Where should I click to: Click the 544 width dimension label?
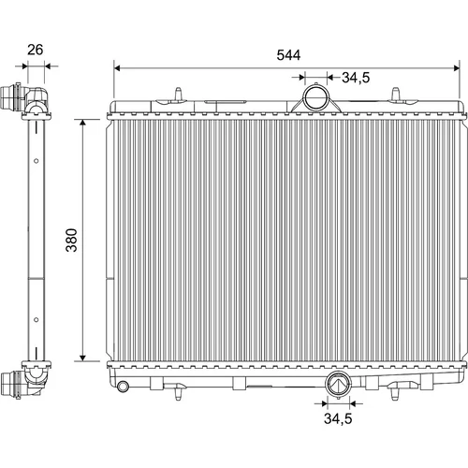(288, 55)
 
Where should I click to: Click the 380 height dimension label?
(72, 240)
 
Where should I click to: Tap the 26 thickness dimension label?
(35, 50)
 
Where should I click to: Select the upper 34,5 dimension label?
(356, 78)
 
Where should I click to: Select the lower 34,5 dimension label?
(338, 418)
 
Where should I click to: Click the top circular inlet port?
(315, 96)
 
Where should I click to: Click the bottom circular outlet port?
(338, 384)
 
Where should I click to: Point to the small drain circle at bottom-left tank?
(123, 386)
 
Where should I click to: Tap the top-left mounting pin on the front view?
(178, 94)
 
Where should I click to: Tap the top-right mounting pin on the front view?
(395, 94)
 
